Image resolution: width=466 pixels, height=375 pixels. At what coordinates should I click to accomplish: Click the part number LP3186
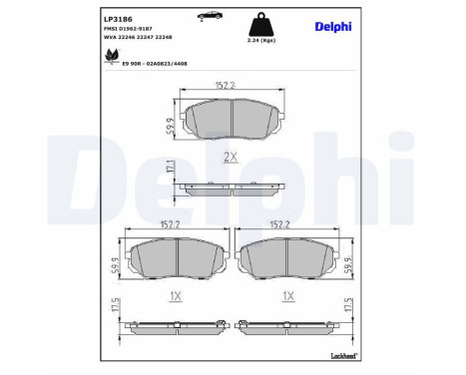click(118, 17)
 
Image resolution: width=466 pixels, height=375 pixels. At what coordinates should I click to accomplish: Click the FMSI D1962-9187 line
click(129, 30)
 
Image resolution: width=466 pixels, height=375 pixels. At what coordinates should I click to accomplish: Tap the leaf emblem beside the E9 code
click(110, 60)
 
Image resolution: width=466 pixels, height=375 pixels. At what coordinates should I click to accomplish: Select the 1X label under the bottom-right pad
click(288, 295)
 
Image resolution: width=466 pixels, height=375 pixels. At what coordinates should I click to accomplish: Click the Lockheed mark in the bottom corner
click(342, 355)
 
